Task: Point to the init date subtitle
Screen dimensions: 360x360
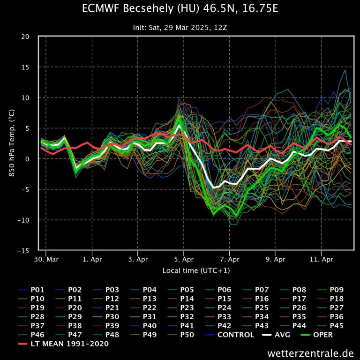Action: click(180, 28)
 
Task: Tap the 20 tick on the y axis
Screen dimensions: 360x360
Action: click(26, 37)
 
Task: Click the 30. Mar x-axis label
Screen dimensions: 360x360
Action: click(46, 259)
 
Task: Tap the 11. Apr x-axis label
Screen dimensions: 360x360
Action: click(322, 259)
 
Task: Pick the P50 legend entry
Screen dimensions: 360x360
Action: click(187, 335)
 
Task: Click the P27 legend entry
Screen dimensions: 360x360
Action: click(337, 307)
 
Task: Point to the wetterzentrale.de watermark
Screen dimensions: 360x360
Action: click(310, 352)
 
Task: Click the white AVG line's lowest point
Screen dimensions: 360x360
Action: click(214, 187)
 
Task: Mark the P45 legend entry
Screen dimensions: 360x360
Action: click(337, 326)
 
